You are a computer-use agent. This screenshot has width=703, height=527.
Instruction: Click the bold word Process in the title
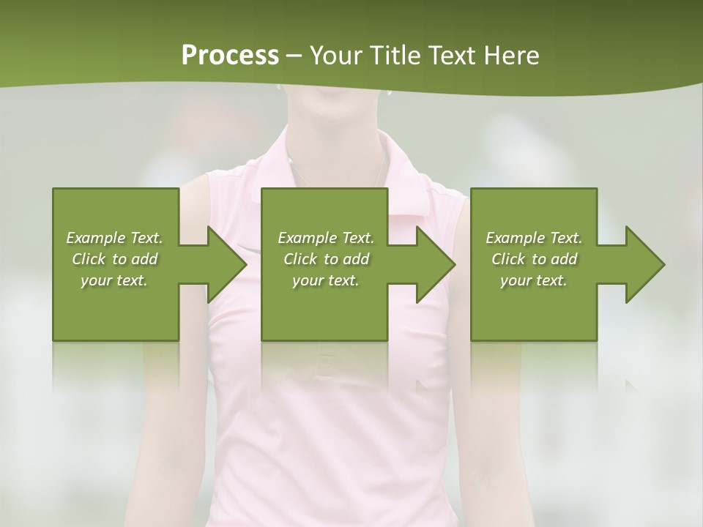(230, 56)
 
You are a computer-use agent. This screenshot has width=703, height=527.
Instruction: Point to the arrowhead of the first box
(223, 264)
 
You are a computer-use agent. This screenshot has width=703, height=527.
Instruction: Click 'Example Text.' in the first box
(114, 238)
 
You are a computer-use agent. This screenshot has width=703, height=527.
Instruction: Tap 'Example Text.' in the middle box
(325, 238)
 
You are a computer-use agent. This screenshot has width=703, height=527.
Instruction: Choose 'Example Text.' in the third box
(534, 238)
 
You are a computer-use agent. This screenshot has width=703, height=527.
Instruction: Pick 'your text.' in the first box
(114, 280)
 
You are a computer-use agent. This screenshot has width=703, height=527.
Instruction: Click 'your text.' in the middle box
(325, 280)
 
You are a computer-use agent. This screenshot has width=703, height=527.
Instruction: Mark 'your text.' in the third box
(534, 280)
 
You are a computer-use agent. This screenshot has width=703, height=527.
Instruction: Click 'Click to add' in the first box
(114, 259)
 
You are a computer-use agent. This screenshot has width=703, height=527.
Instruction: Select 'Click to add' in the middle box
(325, 259)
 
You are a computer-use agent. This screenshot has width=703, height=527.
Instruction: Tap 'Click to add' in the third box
(534, 259)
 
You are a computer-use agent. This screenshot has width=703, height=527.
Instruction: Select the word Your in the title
(335, 56)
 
